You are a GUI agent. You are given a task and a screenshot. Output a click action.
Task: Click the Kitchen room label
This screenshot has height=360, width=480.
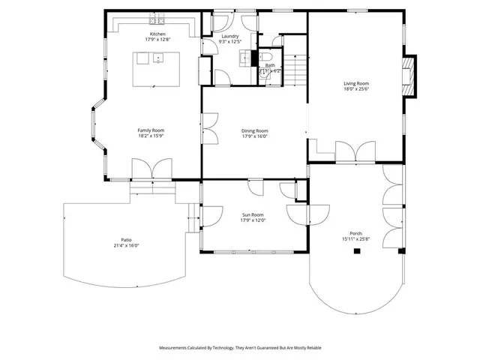click(157, 34)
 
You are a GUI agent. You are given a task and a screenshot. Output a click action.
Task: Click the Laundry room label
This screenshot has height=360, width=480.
click(229, 35)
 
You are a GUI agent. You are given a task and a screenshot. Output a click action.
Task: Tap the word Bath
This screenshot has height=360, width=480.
click(269, 65)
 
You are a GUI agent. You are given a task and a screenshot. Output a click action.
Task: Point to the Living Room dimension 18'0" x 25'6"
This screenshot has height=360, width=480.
click(356, 89)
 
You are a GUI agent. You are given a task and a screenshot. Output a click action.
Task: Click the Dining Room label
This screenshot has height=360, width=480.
click(255, 130)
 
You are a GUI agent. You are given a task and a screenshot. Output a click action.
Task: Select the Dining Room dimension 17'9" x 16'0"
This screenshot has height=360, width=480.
click(255, 136)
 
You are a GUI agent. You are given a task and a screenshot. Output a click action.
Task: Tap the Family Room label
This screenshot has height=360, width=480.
click(150, 130)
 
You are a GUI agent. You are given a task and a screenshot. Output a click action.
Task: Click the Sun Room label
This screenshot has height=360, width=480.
click(253, 214)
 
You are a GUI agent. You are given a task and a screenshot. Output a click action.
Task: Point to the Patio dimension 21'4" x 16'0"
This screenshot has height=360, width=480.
click(127, 246)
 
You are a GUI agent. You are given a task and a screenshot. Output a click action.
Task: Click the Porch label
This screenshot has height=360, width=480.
click(355, 233)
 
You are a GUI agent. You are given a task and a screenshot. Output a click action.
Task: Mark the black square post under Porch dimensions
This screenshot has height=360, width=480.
click(357, 251)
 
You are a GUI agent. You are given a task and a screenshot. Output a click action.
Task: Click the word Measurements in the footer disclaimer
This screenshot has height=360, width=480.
click(174, 348)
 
